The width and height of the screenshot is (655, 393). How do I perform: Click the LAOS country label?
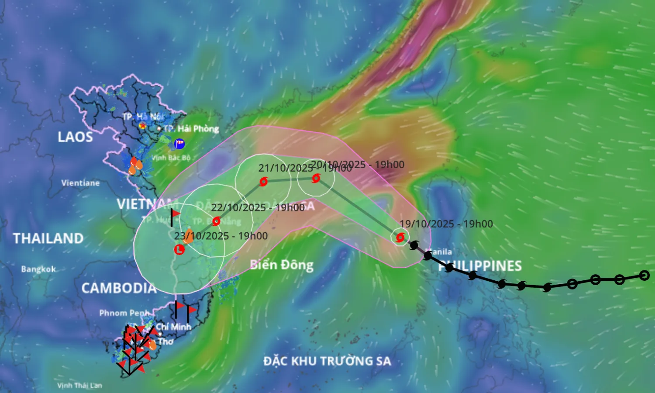[75, 137]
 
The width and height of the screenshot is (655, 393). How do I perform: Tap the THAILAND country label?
[48, 238]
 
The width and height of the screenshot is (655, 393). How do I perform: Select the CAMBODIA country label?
[119, 288]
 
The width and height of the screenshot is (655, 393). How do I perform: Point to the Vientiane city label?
[80, 183]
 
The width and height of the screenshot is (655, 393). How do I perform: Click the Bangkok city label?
[38, 269]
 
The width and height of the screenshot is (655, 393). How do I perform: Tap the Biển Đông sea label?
[282, 265]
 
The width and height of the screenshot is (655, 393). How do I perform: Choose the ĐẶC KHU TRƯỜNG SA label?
[327, 361]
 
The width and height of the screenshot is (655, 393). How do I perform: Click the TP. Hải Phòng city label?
[191, 129]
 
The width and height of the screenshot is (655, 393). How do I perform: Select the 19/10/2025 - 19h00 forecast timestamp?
[446, 224]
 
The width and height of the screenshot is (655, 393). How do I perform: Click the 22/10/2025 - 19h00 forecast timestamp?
[258, 207]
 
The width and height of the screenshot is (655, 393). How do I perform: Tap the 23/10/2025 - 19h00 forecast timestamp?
[221, 236]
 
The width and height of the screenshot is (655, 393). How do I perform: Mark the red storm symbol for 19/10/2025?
[400, 238]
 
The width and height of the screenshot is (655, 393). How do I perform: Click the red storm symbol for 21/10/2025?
[263, 181]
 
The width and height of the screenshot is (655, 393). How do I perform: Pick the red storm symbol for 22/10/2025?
[216, 221]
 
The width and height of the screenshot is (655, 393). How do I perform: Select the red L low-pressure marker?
[179, 250]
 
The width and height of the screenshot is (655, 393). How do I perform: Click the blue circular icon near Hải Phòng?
[179, 143]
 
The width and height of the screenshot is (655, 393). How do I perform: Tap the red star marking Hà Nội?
[142, 126]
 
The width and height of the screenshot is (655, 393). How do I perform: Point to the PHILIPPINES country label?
[480, 266]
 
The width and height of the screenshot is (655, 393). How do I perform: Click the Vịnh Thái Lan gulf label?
[79, 386]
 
